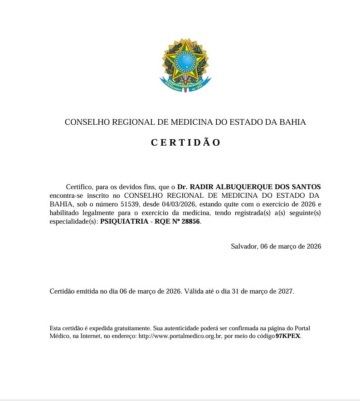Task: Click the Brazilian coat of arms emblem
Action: click(x=185, y=64)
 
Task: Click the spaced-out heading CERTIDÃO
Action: click(x=185, y=142)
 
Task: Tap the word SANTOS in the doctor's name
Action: click(x=308, y=186)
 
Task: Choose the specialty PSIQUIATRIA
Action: click(x=124, y=222)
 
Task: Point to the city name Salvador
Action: click(x=244, y=246)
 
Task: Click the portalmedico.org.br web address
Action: click(x=179, y=337)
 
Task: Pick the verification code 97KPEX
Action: click(x=288, y=337)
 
